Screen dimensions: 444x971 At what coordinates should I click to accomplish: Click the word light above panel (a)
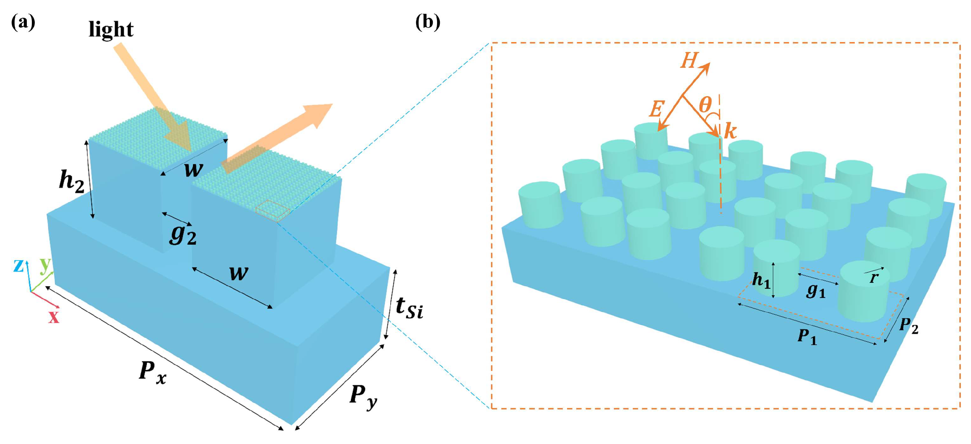point(111,29)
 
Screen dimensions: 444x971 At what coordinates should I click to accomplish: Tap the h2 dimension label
point(72,182)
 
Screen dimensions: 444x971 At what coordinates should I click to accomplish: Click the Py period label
point(362,397)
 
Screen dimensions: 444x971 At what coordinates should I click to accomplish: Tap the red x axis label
point(54,317)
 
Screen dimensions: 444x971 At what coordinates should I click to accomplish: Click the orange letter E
point(656,110)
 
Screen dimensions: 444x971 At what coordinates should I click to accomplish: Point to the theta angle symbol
point(705,104)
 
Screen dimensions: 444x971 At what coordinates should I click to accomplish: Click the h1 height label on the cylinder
point(761,280)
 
